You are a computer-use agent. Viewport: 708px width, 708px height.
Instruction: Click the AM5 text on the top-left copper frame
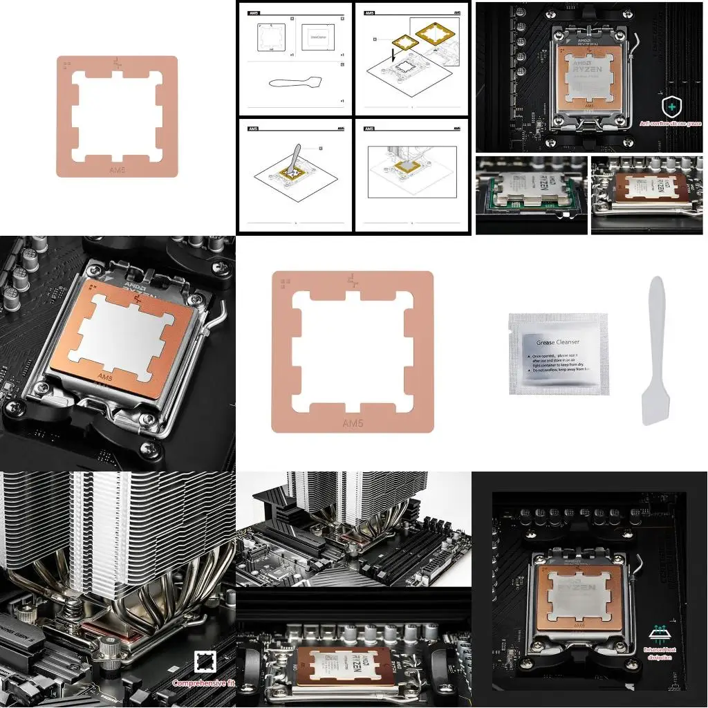pos(118,168)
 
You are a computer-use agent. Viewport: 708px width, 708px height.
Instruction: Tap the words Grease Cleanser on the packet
pos(558,342)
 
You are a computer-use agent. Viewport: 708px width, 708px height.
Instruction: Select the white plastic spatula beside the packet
pos(653,353)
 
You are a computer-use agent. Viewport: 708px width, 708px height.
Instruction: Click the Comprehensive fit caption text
pos(203,683)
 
